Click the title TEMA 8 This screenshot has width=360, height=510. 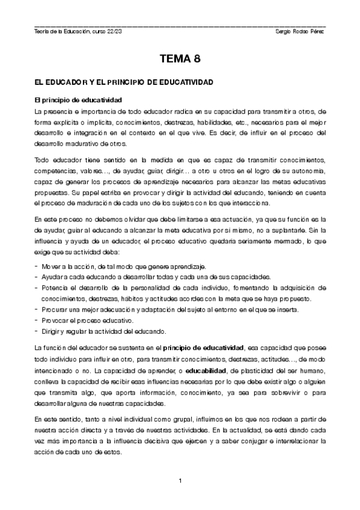point(180,59)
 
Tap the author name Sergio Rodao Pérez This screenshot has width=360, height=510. point(299,31)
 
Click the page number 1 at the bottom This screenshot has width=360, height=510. point(180,480)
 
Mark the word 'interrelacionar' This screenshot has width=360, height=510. point(289,440)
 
